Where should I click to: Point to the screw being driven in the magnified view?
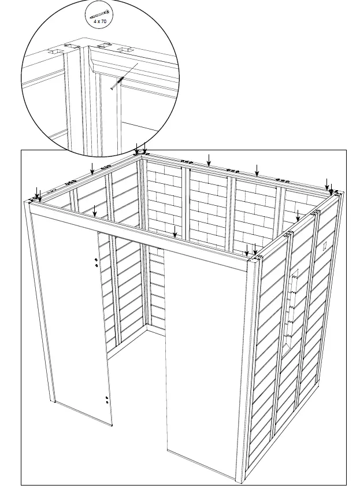pyautogui.click(x=117, y=83)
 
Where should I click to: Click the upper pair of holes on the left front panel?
pyautogui.click(x=96, y=263)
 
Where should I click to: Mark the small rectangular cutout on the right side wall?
pyautogui.click(x=325, y=245)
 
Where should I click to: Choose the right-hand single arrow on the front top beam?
pyautogui.click(x=175, y=231)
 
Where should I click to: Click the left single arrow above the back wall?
pyautogui.click(x=209, y=160)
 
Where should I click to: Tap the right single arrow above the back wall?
pyautogui.click(x=257, y=170)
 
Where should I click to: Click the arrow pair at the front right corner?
pyautogui.click(x=251, y=251)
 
